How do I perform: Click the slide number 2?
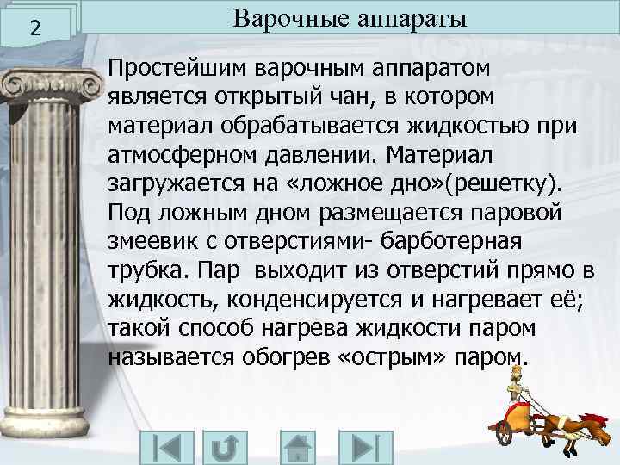(34, 28)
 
